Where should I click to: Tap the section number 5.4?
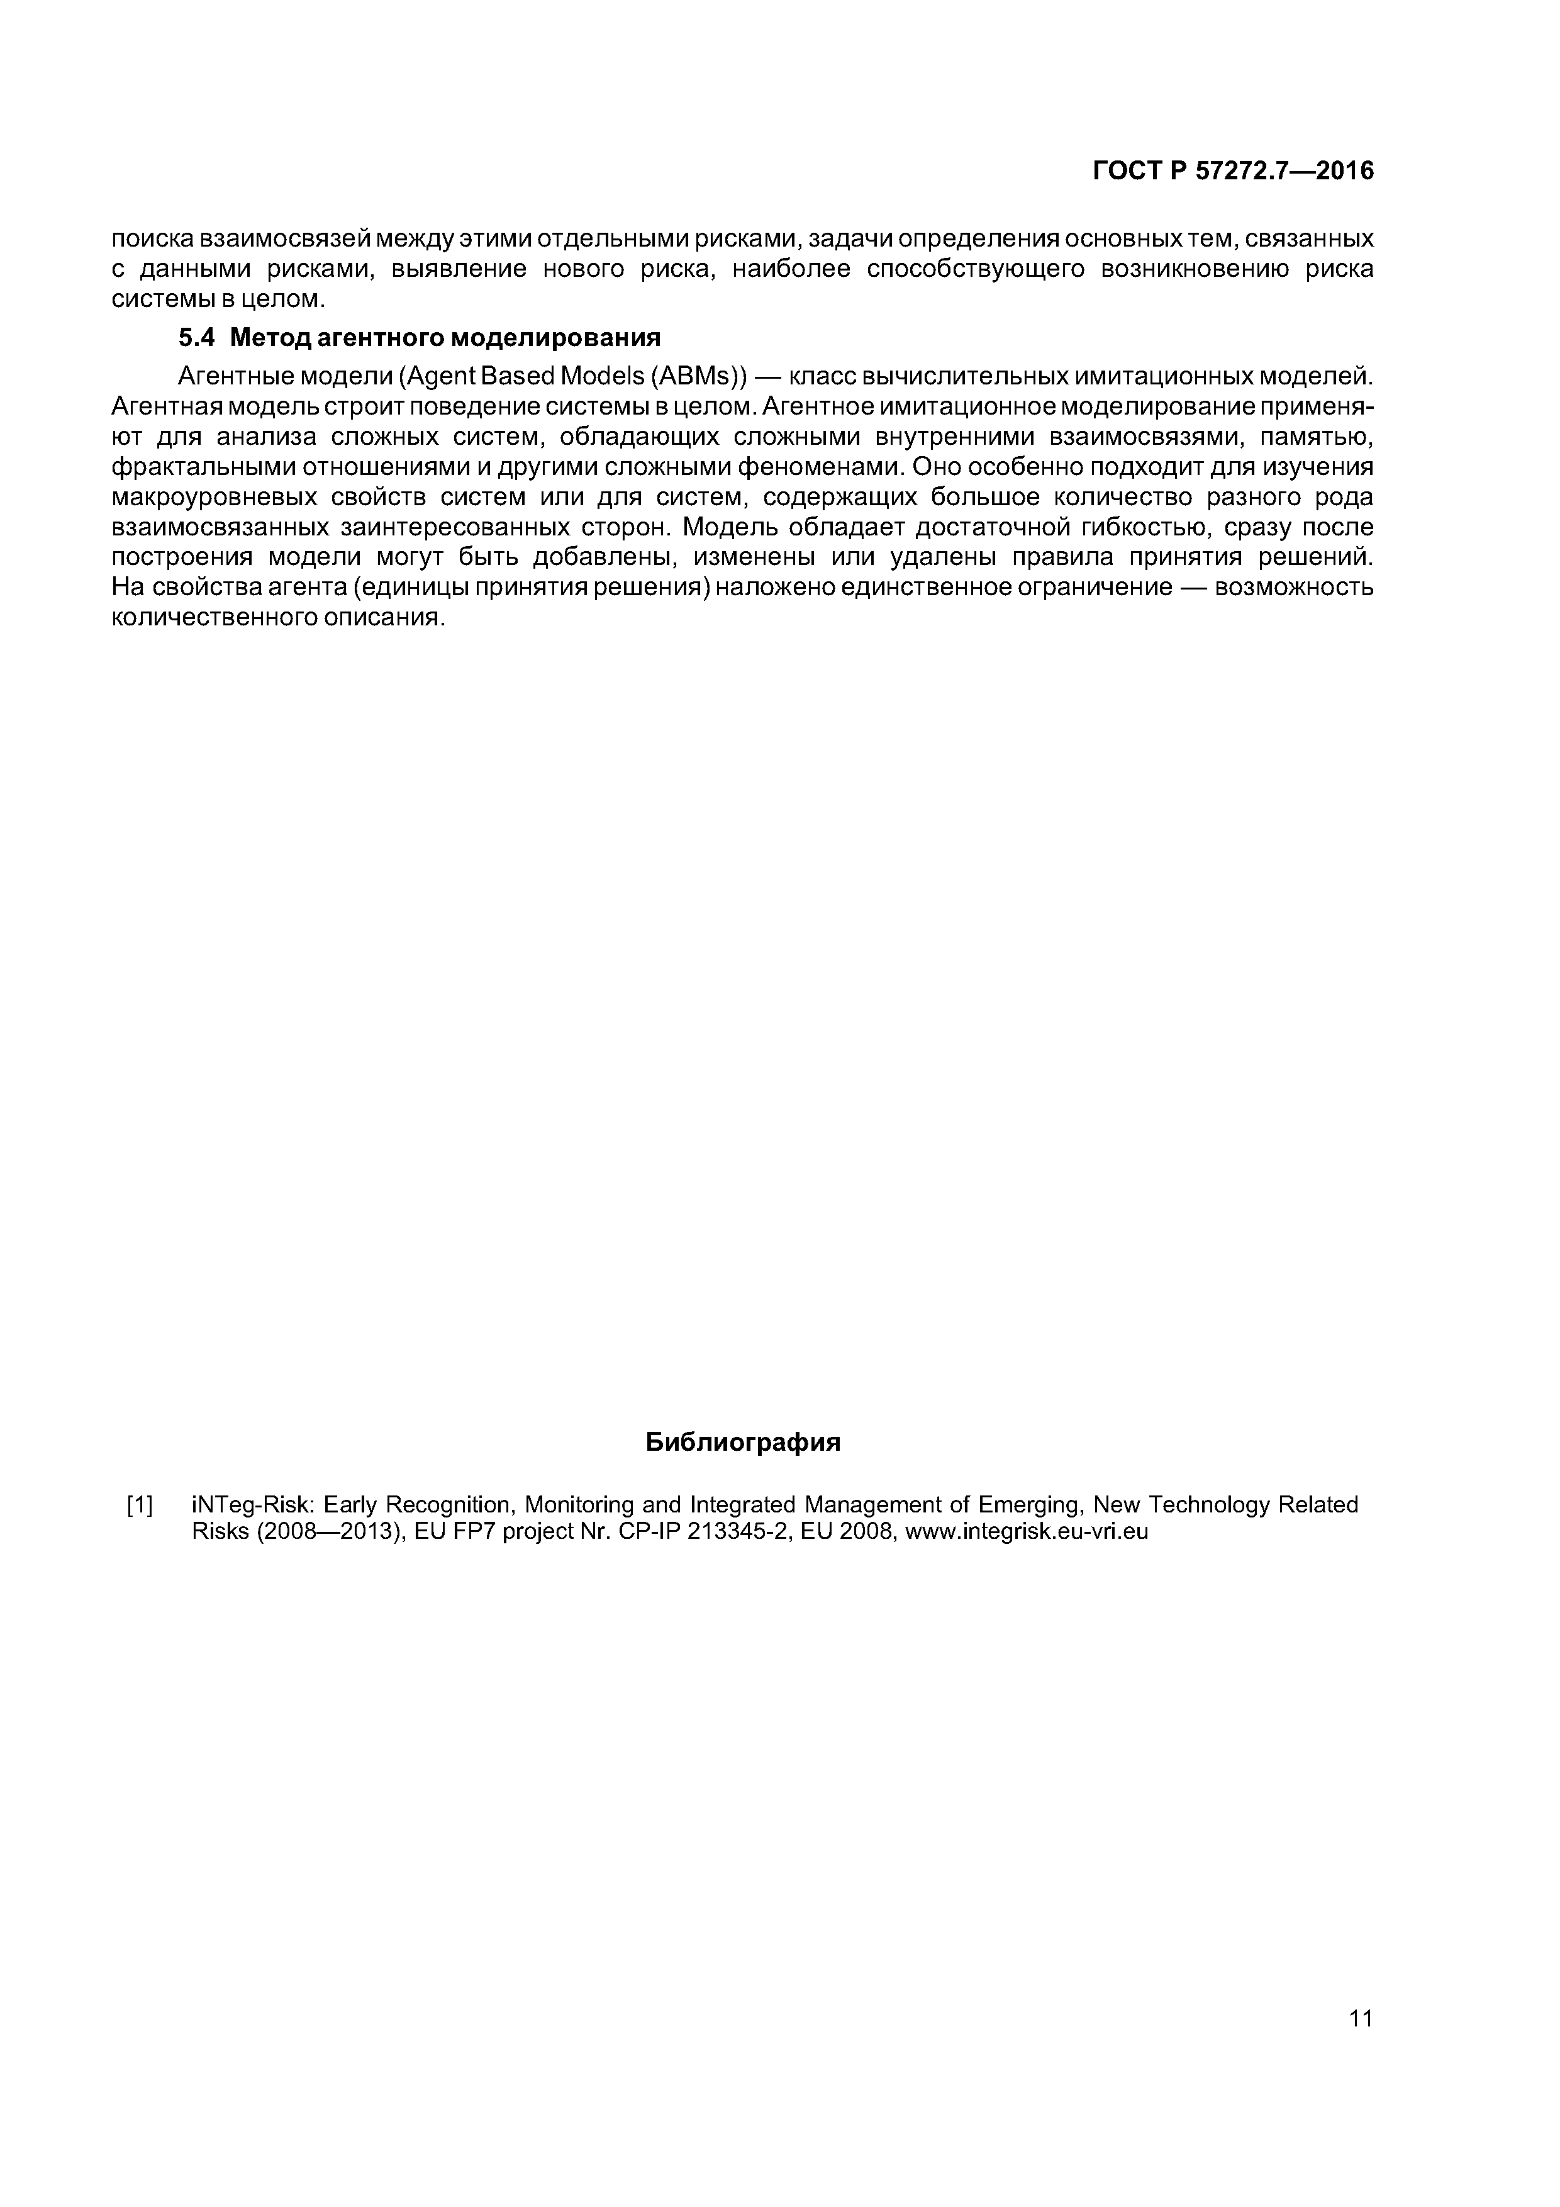[198, 338]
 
